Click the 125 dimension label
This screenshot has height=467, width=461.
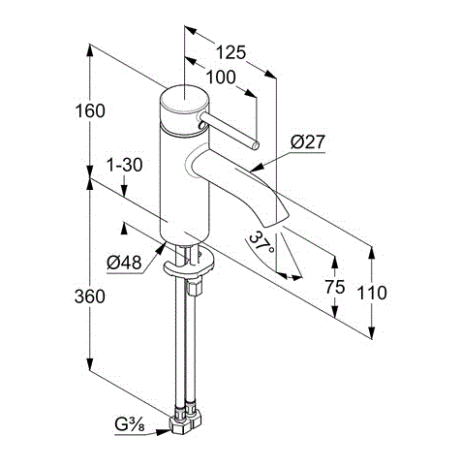(230, 52)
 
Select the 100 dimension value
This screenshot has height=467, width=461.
(221, 78)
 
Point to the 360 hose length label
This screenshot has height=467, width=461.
(90, 296)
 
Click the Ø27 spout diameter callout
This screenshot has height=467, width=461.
(307, 142)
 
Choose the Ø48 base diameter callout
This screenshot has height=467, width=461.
(124, 263)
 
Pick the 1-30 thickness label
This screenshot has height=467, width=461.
(125, 165)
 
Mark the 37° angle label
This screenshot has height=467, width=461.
(262, 243)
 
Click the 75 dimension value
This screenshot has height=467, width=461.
(335, 287)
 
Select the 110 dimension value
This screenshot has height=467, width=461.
(372, 293)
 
